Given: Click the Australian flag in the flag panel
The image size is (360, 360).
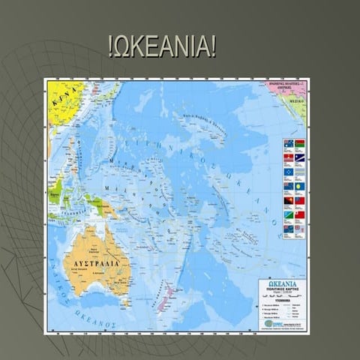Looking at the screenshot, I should click(x=289, y=142).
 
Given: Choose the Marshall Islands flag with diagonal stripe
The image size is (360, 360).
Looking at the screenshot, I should click(x=299, y=157).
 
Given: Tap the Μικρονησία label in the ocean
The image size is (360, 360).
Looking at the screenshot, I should click(x=106, y=160).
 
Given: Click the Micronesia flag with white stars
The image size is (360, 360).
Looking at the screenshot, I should click(x=289, y=172).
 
